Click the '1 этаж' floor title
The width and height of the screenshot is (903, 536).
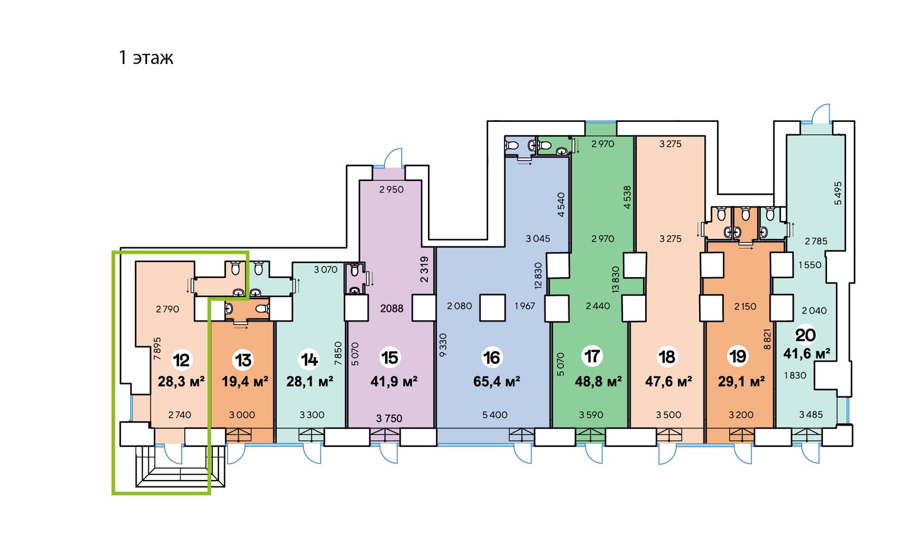pyautogui.click(x=146, y=57)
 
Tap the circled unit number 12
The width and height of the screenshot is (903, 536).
pyautogui.click(x=181, y=360)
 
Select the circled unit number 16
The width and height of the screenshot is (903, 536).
pyautogui.click(x=492, y=358)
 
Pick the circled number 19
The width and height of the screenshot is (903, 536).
pyautogui.click(x=737, y=356)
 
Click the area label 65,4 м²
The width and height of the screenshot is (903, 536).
pyautogui.click(x=497, y=381)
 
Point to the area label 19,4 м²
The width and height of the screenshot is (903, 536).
pyautogui.click(x=245, y=381)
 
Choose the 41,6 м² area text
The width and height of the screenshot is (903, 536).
pyautogui.click(x=807, y=353)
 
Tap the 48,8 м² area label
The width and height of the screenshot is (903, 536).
pyautogui.click(x=598, y=381)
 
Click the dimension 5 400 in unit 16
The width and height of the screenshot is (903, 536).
pyautogui.click(x=495, y=415)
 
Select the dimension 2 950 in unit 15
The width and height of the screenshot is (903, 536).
pyautogui.click(x=392, y=190)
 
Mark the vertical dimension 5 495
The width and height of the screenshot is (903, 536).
pyautogui.click(x=838, y=193)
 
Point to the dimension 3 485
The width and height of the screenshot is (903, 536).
pyautogui.click(x=811, y=415)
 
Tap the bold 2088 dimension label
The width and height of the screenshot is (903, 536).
pyautogui.click(x=392, y=309)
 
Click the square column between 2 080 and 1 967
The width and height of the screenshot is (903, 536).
pyautogui.click(x=492, y=308)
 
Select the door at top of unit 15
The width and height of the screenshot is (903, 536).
pyautogui.click(x=393, y=158)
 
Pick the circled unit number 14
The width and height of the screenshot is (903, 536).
pyautogui.click(x=309, y=360)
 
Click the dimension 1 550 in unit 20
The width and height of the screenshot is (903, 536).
pyautogui.click(x=810, y=265)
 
